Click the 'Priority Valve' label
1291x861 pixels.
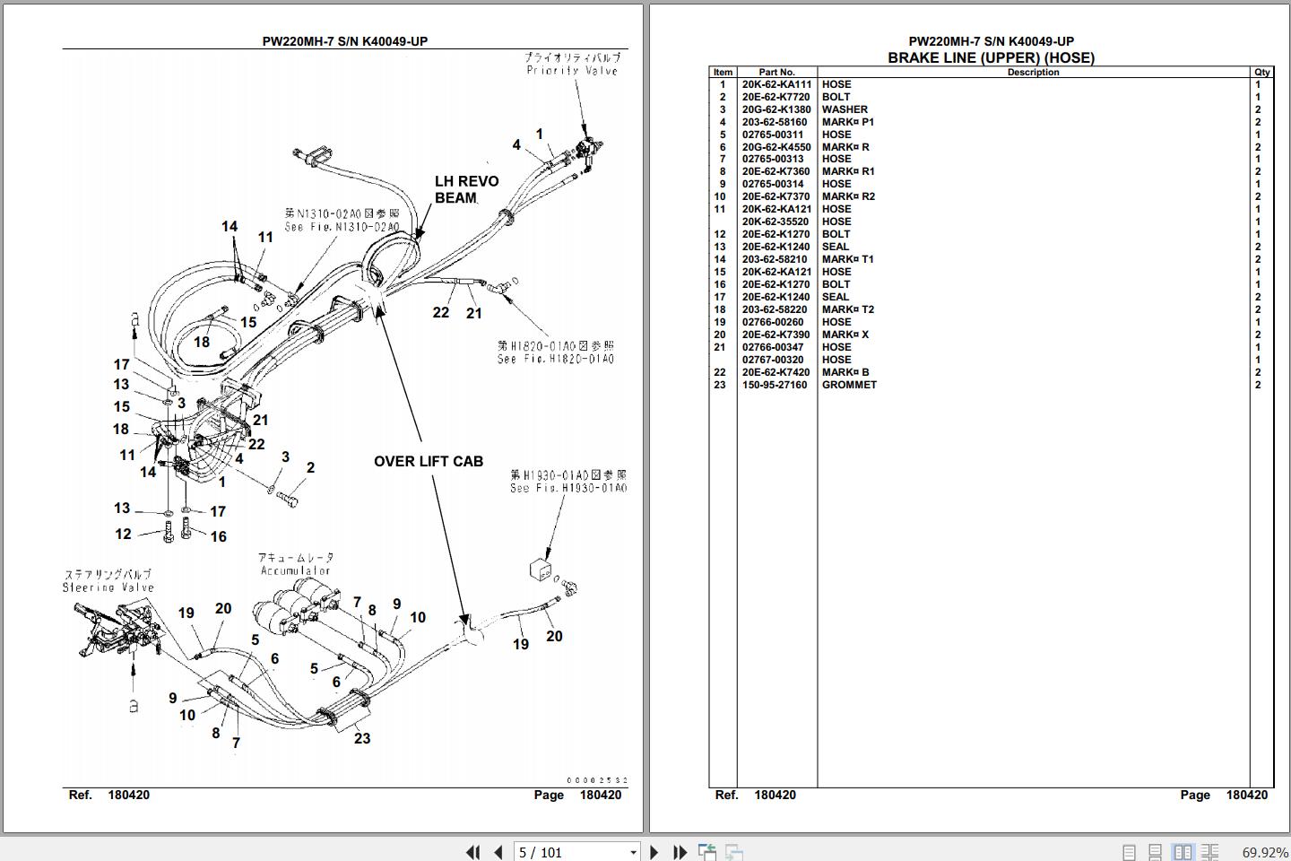(572, 70)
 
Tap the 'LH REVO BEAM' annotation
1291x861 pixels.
(466, 189)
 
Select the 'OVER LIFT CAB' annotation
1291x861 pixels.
(429, 461)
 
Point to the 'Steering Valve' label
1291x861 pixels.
(108, 587)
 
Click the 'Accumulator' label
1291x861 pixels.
(296, 570)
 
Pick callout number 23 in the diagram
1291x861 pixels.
(362, 738)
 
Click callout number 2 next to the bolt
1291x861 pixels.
(310, 467)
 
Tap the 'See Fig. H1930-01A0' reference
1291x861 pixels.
(568, 488)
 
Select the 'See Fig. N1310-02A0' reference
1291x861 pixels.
(342, 227)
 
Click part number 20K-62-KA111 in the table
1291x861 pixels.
(776, 84)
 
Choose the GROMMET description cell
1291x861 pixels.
(849, 385)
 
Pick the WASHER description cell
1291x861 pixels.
(845, 109)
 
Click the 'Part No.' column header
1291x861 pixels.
(776, 72)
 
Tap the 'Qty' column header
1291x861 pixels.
(1262, 72)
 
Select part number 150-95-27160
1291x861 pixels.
(774, 385)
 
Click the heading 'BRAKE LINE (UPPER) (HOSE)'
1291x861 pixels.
(991, 57)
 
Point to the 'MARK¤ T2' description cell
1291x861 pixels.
(848, 309)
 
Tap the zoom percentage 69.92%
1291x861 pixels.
(1264, 852)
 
